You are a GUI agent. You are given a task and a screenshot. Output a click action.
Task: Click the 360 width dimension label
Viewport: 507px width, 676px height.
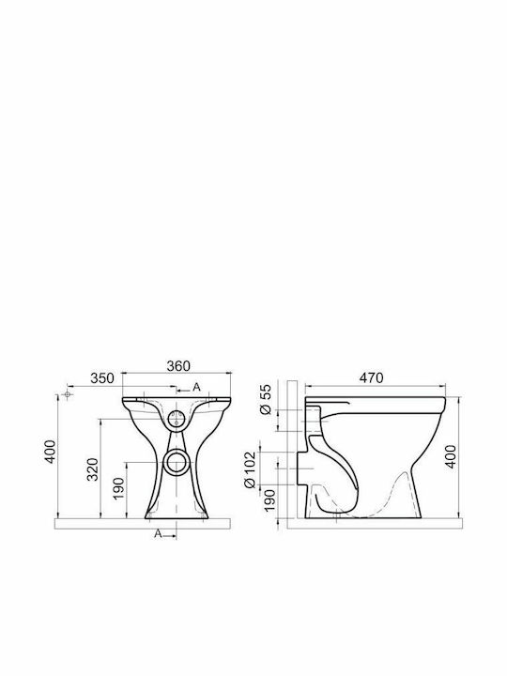178,365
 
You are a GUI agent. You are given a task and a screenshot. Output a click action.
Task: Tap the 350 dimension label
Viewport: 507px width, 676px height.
102,378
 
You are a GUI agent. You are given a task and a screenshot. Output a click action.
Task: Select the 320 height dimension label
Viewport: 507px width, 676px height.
93,469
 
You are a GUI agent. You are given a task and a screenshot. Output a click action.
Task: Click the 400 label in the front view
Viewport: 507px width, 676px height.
51,452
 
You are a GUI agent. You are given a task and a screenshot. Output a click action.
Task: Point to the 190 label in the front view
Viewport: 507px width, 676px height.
118,488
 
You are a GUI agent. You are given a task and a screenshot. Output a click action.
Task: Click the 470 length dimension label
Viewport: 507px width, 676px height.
371,377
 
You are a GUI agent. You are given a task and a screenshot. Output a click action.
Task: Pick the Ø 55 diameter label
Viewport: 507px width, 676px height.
267,399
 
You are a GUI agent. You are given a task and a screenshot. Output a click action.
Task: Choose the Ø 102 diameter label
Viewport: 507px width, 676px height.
250,469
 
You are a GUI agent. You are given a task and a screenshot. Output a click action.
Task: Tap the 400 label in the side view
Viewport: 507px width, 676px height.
451,456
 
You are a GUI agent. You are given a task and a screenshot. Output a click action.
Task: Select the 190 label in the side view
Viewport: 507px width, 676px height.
269,500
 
